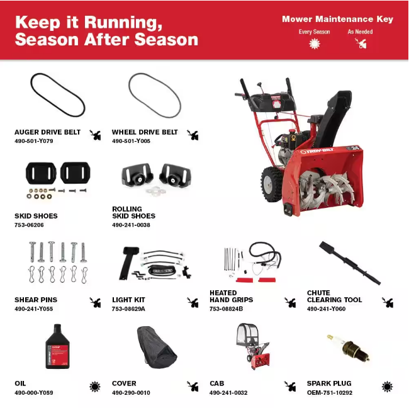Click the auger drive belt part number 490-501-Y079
(x=34, y=141)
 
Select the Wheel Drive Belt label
(x=145, y=132)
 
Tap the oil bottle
(x=58, y=346)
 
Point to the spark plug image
(x=348, y=348)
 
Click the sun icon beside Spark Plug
(x=387, y=387)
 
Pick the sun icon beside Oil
(x=95, y=387)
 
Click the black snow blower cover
(x=157, y=347)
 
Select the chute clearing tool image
(x=350, y=263)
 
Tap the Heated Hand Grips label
(x=232, y=297)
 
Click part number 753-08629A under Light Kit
(x=128, y=309)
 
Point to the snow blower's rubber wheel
(x=272, y=184)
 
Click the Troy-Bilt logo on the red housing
(x=317, y=151)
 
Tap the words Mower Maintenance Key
(x=337, y=19)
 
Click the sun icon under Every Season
(x=315, y=43)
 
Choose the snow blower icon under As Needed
(x=361, y=43)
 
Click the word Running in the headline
(x=123, y=23)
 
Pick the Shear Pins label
(x=36, y=300)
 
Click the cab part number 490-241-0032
(x=228, y=393)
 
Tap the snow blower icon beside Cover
(x=193, y=387)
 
